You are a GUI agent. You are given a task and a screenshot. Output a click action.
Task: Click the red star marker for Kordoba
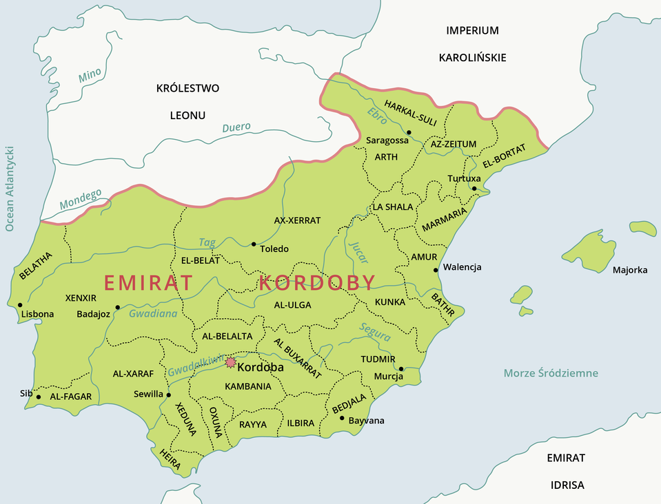[x=230, y=362]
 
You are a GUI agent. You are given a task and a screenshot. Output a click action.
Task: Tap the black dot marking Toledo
[x=254, y=244]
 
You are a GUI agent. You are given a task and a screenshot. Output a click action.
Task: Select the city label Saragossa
[x=387, y=140]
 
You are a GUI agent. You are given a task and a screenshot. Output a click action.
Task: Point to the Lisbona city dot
[x=20, y=305]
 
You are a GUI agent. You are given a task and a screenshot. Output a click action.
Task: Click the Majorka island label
[x=630, y=270]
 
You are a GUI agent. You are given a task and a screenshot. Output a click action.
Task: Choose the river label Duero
[x=236, y=127]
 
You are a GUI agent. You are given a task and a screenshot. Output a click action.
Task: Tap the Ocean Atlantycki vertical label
[x=10, y=188]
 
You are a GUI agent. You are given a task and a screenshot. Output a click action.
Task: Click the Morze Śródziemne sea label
[x=551, y=373]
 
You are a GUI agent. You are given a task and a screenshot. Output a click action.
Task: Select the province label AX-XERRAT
[x=297, y=220]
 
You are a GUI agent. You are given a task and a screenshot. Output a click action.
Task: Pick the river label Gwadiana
[x=153, y=313]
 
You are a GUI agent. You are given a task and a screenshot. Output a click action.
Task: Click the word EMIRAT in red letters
[x=148, y=283]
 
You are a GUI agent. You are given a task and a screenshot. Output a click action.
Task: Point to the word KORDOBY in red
[x=318, y=283]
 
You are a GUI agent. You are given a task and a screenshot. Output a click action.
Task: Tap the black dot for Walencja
[x=436, y=270]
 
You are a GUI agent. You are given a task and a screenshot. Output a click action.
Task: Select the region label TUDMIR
[x=378, y=359]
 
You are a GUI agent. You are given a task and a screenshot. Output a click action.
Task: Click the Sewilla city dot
[x=169, y=395]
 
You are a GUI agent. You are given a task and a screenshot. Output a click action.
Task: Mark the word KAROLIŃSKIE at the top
[x=472, y=57]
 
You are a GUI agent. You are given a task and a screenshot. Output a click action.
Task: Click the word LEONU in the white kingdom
[x=187, y=115]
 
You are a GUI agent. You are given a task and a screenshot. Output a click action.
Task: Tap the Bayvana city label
[x=367, y=420]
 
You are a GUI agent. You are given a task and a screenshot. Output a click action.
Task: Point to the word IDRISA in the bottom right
[x=567, y=485]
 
